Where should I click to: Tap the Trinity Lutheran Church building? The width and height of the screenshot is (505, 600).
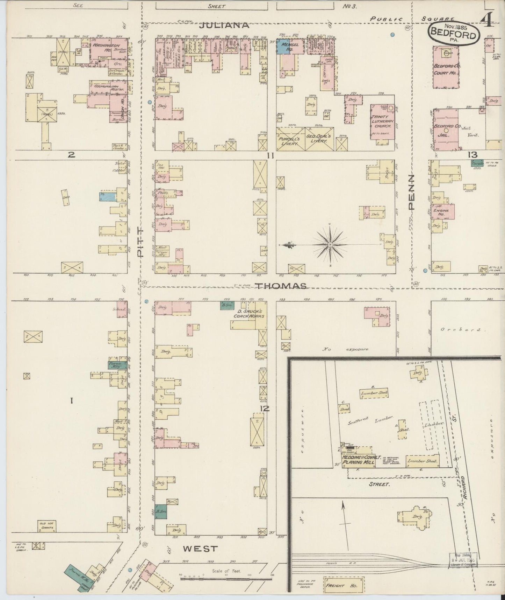383,125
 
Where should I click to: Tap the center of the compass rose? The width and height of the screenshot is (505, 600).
330,244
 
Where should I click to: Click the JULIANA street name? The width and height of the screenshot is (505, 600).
225,25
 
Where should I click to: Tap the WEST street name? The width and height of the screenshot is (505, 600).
200,549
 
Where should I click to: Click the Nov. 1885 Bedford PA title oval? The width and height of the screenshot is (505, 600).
453,34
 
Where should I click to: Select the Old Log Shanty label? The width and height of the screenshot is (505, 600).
47,525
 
